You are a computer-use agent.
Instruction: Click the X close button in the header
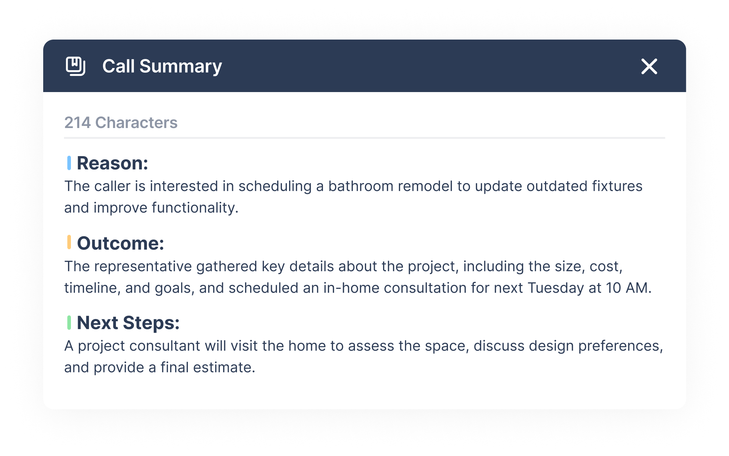point(649,67)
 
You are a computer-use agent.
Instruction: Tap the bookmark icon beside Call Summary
point(76,66)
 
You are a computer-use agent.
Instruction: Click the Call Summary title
point(162,66)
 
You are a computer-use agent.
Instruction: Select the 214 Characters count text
point(121,123)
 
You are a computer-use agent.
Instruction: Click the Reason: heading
point(112,163)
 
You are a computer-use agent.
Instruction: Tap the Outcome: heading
point(121,243)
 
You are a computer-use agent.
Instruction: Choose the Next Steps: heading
point(128,323)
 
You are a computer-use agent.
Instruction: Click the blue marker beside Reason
point(69,163)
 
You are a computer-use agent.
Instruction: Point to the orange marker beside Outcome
point(69,242)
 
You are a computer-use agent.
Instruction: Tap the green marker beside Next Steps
point(69,323)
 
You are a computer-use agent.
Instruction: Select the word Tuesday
point(556,288)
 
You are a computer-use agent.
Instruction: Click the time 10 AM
point(629,288)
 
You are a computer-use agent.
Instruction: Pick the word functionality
point(195,208)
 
